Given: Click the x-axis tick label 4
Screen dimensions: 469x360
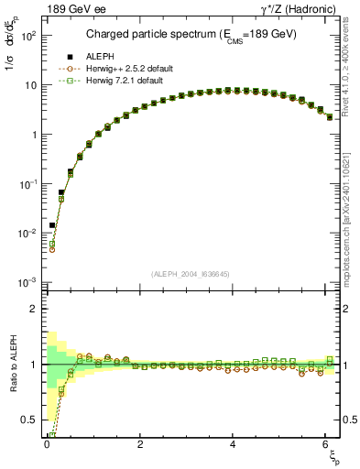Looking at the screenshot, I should [x=234, y=444].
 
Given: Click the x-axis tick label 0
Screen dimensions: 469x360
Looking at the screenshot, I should [x=47, y=444].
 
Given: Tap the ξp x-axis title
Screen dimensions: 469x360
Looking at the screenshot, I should [x=333, y=455].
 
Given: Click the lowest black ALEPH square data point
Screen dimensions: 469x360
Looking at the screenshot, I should [x=52, y=225].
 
